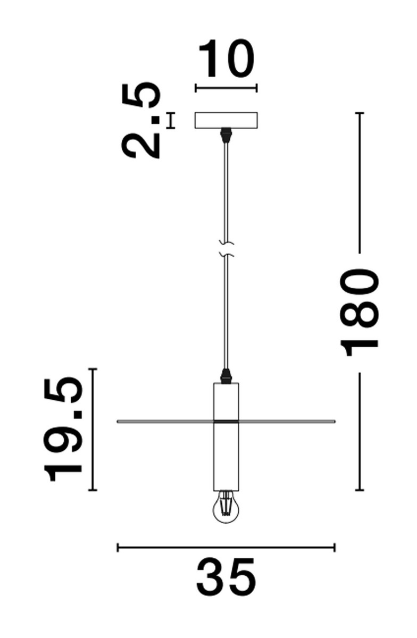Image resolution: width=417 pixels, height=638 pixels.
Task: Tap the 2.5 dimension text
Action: click(x=141, y=121)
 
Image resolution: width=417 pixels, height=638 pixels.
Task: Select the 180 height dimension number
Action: click(x=362, y=312)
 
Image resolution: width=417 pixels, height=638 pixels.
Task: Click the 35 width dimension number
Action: click(x=226, y=577)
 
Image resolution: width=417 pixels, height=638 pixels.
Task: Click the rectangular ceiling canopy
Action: click(x=226, y=121)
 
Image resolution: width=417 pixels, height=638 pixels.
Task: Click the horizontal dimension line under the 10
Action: click(x=226, y=88)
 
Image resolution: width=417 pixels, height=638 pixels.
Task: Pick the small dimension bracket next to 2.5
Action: click(x=171, y=121)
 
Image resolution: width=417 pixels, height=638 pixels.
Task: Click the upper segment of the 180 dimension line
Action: click(x=362, y=181)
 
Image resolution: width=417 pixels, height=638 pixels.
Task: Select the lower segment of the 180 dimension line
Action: click(x=362, y=431)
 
